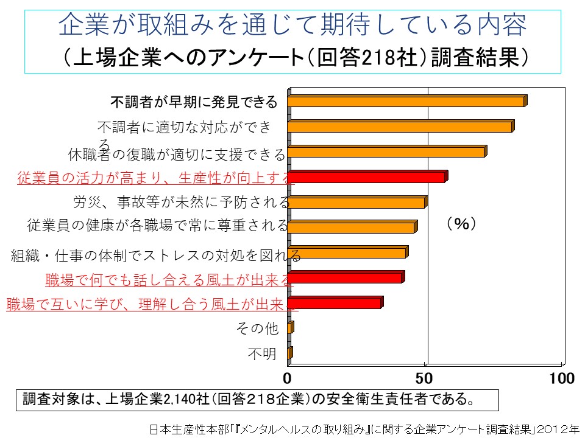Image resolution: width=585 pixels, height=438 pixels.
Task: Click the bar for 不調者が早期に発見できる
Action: click(x=406, y=102)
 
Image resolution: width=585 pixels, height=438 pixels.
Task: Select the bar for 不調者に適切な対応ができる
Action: click(x=400, y=127)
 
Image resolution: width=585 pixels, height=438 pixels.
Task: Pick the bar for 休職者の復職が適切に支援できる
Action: click(x=386, y=152)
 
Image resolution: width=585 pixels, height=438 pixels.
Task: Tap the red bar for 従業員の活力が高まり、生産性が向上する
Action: click(x=367, y=177)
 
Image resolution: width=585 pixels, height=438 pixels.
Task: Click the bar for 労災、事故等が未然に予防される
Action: click(x=356, y=203)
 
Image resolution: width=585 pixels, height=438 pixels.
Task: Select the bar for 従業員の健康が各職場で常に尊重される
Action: click(x=352, y=228)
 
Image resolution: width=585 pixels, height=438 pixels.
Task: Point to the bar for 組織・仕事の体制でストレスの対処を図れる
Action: click(x=347, y=253)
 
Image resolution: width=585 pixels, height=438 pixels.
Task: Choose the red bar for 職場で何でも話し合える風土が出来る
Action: click(x=346, y=278)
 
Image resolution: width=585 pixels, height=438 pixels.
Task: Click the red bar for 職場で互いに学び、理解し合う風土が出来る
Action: click(x=335, y=303)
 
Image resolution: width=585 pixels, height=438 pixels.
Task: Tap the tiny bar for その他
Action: click(x=290, y=328)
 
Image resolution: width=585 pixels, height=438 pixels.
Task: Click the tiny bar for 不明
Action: click(x=289, y=353)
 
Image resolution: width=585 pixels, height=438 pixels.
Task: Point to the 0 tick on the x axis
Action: click(x=288, y=378)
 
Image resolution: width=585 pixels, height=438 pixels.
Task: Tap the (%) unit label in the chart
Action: click(x=461, y=224)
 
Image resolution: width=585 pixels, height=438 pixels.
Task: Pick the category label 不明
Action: click(x=262, y=354)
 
